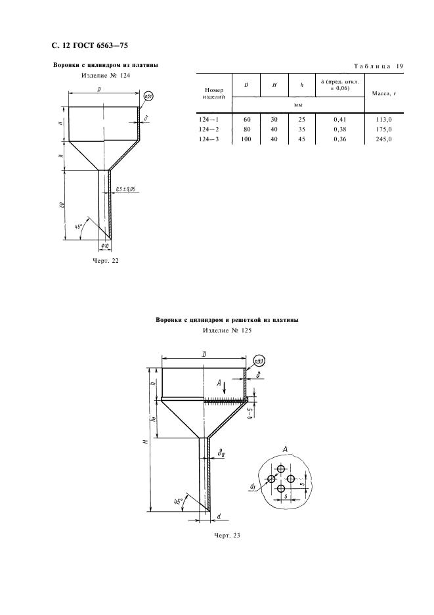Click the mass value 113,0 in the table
(383, 120)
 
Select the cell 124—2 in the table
(209, 129)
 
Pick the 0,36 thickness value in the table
(340, 139)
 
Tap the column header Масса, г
(384, 94)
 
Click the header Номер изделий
(213, 93)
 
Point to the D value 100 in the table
(246, 139)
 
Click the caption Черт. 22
(106, 261)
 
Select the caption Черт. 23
(227, 535)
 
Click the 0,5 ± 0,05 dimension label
(125, 189)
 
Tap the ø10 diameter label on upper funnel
(105, 246)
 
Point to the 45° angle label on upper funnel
(77, 226)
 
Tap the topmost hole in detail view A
(281, 468)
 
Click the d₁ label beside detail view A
(253, 486)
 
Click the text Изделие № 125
(227, 330)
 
